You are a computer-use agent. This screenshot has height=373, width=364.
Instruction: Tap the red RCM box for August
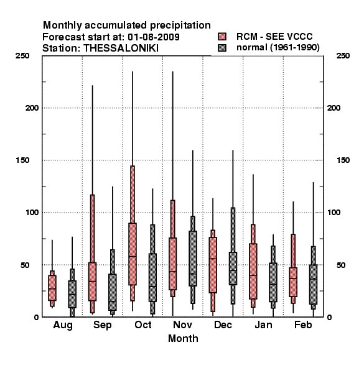(52, 288)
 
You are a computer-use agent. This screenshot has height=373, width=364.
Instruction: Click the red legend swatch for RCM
(222, 37)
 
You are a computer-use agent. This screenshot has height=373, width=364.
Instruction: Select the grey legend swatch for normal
(222, 48)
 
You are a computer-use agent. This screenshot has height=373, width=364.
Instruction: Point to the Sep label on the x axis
(103, 325)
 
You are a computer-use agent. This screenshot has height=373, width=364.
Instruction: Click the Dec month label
(223, 325)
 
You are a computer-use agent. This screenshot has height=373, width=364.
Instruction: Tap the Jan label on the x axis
(263, 325)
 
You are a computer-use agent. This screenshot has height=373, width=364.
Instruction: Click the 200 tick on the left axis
(32, 108)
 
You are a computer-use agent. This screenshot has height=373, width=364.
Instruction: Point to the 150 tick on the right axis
(343, 160)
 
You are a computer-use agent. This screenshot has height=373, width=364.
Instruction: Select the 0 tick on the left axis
(36, 317)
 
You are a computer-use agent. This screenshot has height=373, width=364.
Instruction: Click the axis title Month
(183, 339)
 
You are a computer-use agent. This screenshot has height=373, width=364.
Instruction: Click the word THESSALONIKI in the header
(121, 48)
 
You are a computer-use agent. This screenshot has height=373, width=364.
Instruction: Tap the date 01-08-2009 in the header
(154, 37)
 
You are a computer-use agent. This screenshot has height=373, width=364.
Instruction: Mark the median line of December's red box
(213, 259)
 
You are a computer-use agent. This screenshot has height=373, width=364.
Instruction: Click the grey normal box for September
(113, 292)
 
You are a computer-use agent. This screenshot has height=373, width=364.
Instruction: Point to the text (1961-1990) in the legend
(295, 48)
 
